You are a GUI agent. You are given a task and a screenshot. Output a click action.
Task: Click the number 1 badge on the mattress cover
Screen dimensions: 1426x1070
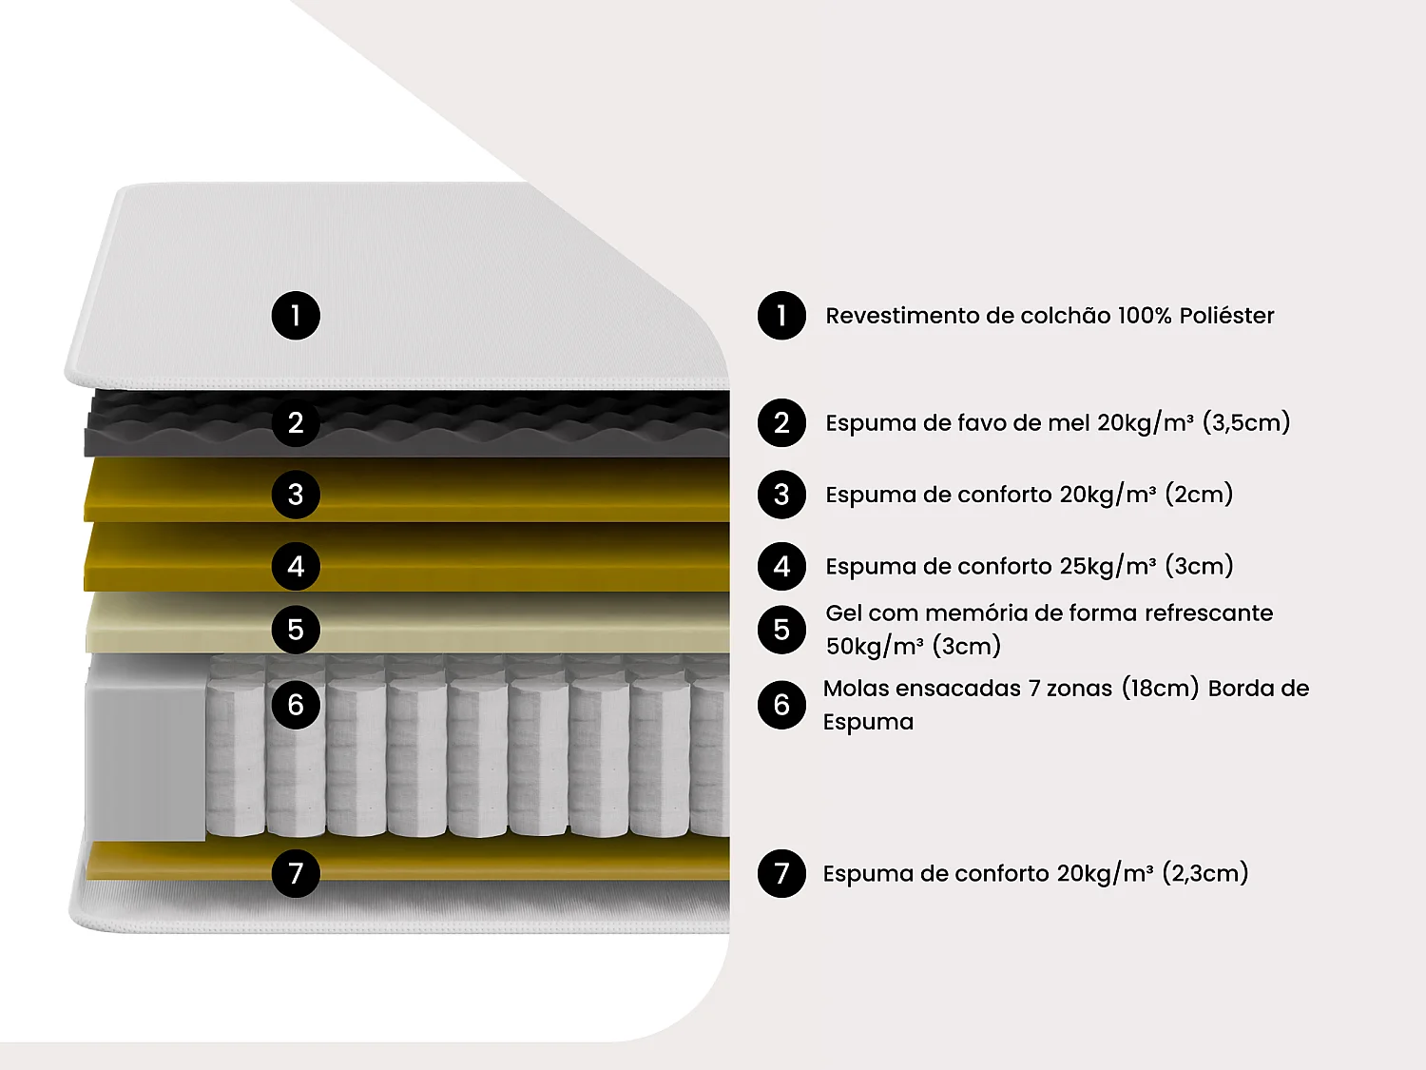click(296, 316)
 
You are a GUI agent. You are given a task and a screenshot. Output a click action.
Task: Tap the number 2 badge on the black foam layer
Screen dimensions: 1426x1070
click(296, 423)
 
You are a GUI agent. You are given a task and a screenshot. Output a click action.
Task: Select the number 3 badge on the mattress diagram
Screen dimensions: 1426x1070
click(296, 495)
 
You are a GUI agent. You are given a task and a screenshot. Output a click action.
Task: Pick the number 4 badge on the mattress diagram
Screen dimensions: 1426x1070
click(296, 567)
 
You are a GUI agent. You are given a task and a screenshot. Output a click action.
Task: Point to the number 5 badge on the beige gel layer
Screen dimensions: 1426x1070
click(296, 630)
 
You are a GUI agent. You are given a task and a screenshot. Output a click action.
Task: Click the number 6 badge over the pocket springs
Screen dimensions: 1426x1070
click(296, 705)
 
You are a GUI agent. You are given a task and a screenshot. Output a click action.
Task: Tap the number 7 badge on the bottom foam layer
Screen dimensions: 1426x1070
click(296, 874)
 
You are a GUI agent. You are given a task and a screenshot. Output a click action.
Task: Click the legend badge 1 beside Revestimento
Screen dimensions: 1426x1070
click(781, 316)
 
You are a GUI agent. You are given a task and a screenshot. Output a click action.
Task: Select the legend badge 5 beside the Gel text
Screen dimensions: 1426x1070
click(781, 630)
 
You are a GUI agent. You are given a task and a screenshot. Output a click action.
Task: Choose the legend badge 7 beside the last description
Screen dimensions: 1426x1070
click(781, 874)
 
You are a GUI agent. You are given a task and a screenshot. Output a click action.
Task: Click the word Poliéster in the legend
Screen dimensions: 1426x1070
click(1226, 316)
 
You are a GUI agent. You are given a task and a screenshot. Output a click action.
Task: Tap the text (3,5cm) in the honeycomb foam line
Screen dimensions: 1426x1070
click(1246, 423)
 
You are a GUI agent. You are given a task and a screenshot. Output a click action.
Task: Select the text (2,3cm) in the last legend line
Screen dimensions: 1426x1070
click(1205, 874)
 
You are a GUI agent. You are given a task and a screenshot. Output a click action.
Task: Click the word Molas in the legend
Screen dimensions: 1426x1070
click(857, 689)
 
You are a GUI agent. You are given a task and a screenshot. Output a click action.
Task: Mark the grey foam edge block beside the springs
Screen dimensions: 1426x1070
click(145, 748)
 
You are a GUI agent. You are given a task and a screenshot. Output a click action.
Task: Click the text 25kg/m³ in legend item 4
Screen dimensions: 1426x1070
click(1108, 567)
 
